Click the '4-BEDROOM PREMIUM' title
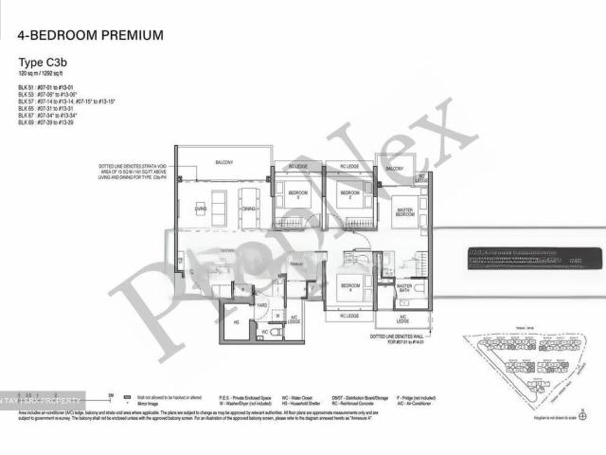click(x=90, y=36)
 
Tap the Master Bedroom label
click(x=404, y=211)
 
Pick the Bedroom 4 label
click(x=348, y=286)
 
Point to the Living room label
click(x=201, y=208)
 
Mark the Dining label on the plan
click(x=248, y=208)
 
